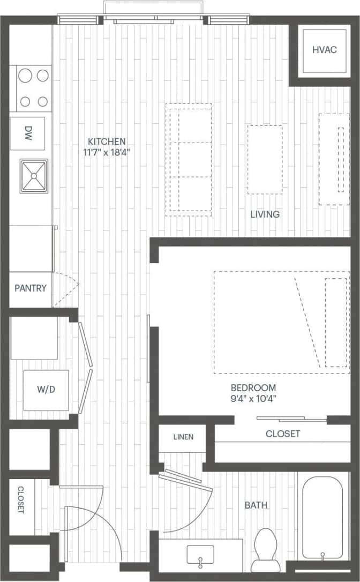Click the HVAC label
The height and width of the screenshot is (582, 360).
coord(324,50)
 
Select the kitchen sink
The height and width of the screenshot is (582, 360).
coord(33,175)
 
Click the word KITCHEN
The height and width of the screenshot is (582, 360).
coord(107,141)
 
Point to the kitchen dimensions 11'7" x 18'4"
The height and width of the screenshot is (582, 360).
coord(107,152)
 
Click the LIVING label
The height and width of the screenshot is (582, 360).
coord(265,214)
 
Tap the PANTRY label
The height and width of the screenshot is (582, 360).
coord(31,288)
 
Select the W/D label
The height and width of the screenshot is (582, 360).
coord(46,390)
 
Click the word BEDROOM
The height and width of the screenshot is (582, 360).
coord(253,387)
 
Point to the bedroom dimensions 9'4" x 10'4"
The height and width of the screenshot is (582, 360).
coord(253,398)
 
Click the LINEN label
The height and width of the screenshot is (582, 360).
coord(183,437)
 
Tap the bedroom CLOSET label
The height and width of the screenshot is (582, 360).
coord(283,434)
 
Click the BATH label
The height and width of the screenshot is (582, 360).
coord(256,505)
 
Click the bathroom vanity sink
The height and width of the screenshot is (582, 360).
coord(200,554)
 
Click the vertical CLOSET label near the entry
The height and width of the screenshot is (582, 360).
coord(21,499)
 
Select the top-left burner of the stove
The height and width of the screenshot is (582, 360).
coord(25,76)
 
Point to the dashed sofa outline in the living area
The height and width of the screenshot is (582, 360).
coord(189,159)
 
